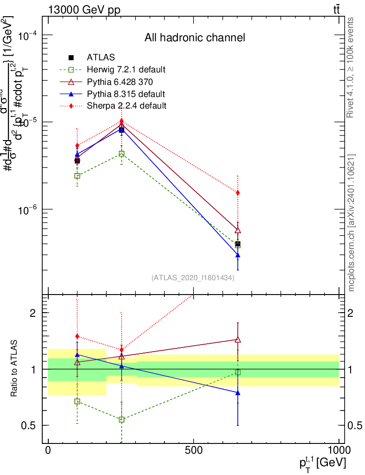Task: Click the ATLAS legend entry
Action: tap(101, 58)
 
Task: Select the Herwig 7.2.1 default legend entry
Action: tap(126, 70)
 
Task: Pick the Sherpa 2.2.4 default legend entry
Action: tap(126, 106)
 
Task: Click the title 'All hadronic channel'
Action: tap(195, 38)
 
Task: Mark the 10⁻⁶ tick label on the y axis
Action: tap(29, 210)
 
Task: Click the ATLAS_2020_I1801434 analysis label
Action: tap(193, 278)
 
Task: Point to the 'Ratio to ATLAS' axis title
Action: tap(14, 369)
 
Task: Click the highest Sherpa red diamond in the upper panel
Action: tap(122, 121)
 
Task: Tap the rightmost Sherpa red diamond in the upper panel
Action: tap(238, 193)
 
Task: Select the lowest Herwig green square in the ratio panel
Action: tap(122, 419)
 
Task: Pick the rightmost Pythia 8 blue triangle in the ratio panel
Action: tap(238, 393)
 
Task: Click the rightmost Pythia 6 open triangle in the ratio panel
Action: tap(238, 340)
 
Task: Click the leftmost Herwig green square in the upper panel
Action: tap(77, 176)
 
